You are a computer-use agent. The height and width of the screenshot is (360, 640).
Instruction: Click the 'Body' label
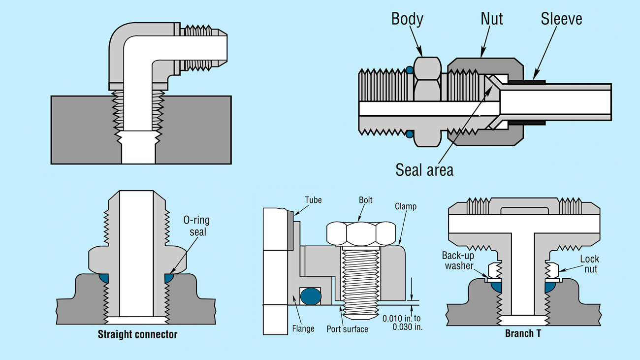[x=407, y=19]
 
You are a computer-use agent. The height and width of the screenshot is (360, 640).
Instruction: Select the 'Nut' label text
[x=492, y=19]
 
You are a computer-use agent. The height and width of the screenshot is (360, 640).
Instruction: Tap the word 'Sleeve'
[x=561, y=19]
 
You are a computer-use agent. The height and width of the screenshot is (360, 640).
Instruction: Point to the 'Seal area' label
[x=424, y=169]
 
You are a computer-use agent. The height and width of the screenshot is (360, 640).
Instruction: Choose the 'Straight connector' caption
[x=137, y=335]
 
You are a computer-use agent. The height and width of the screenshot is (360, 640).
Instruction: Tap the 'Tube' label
[x=313, y=200]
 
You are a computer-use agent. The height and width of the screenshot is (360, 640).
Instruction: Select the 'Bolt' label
[x=365, y=200]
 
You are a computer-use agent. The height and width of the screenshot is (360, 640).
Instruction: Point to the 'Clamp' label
[x=406, y=206]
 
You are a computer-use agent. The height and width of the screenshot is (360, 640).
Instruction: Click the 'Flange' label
[x=303, y=328]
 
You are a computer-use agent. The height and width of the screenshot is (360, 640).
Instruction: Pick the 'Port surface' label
[x=347, y=329]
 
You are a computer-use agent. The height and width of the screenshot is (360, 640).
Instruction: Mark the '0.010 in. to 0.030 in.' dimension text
[x=402, y=323]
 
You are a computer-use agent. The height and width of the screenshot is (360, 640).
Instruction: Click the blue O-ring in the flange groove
[x=311, y=296]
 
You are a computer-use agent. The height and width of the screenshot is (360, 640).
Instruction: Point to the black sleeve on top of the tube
[x=526, y=82]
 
